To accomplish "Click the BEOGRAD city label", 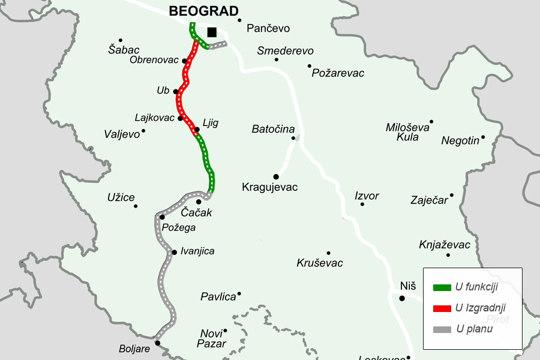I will click(204, 11).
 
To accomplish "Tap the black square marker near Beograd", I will click(211, 32).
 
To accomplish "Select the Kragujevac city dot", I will click(277, 176).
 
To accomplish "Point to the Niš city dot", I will click(403, 298).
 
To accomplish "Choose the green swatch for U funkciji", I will click(442, 288).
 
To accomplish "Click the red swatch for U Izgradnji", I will click(442, 308).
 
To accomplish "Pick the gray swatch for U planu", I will click(442, 329).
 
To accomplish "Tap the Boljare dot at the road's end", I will click(157, 343).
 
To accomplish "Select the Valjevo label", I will click(122, 134).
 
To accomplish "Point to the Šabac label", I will click(124, 50).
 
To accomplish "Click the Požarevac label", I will click(338, 73).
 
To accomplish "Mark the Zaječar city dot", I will click(452, 195).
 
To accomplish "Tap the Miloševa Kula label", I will click(408, 132).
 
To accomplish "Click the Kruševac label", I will click(320, 263).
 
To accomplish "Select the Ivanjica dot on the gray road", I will click(174, 252).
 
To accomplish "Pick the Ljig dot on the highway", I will click(196, 130).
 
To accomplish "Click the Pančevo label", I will click(268, 28).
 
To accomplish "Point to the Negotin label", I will click(460, 141).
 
